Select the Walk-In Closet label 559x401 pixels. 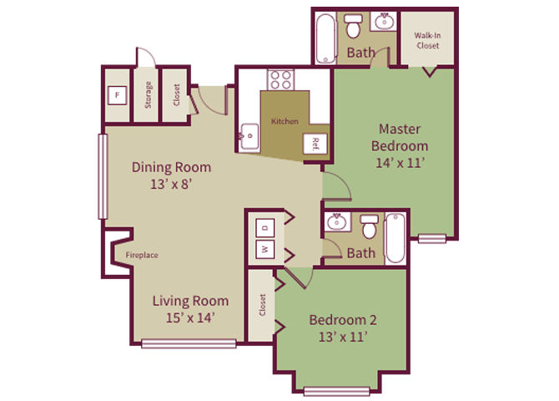coord(430,40)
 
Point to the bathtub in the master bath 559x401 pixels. coord(324,37)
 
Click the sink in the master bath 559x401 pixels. coord(385,23)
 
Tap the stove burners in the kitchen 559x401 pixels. coord(280,80)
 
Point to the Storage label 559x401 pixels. coord(149,94)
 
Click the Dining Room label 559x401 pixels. coord(171,167)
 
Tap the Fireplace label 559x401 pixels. coord(142,256)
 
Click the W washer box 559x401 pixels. coord(264,249)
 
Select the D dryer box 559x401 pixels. coord(264,226)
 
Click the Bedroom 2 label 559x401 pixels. coord(343,320)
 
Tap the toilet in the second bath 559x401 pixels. coord(369,226)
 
